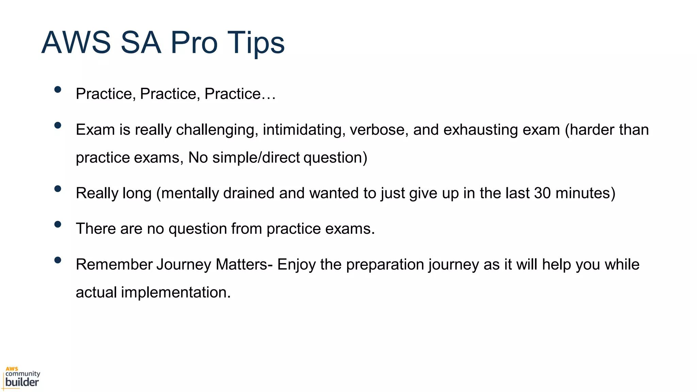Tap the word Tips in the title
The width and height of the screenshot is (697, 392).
tap(256, 43)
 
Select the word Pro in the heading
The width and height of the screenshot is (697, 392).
tap(194, 43)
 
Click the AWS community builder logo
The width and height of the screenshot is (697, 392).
tap(22, 378)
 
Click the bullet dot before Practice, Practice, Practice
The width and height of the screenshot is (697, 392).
tap(58, 89)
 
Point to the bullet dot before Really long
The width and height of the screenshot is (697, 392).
tap(58, 189)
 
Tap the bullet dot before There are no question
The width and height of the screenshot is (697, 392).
tap(58, 224)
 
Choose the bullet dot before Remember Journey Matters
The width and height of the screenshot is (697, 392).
tap(58, 260)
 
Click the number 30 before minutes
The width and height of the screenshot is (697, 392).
tap(542, 193)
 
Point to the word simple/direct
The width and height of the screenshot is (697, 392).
tap(256, 158)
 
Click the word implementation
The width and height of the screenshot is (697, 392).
tap(176, 292)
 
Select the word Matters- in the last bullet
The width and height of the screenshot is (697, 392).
tap(244, 264)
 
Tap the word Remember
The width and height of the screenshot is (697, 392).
tap(114, 264)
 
